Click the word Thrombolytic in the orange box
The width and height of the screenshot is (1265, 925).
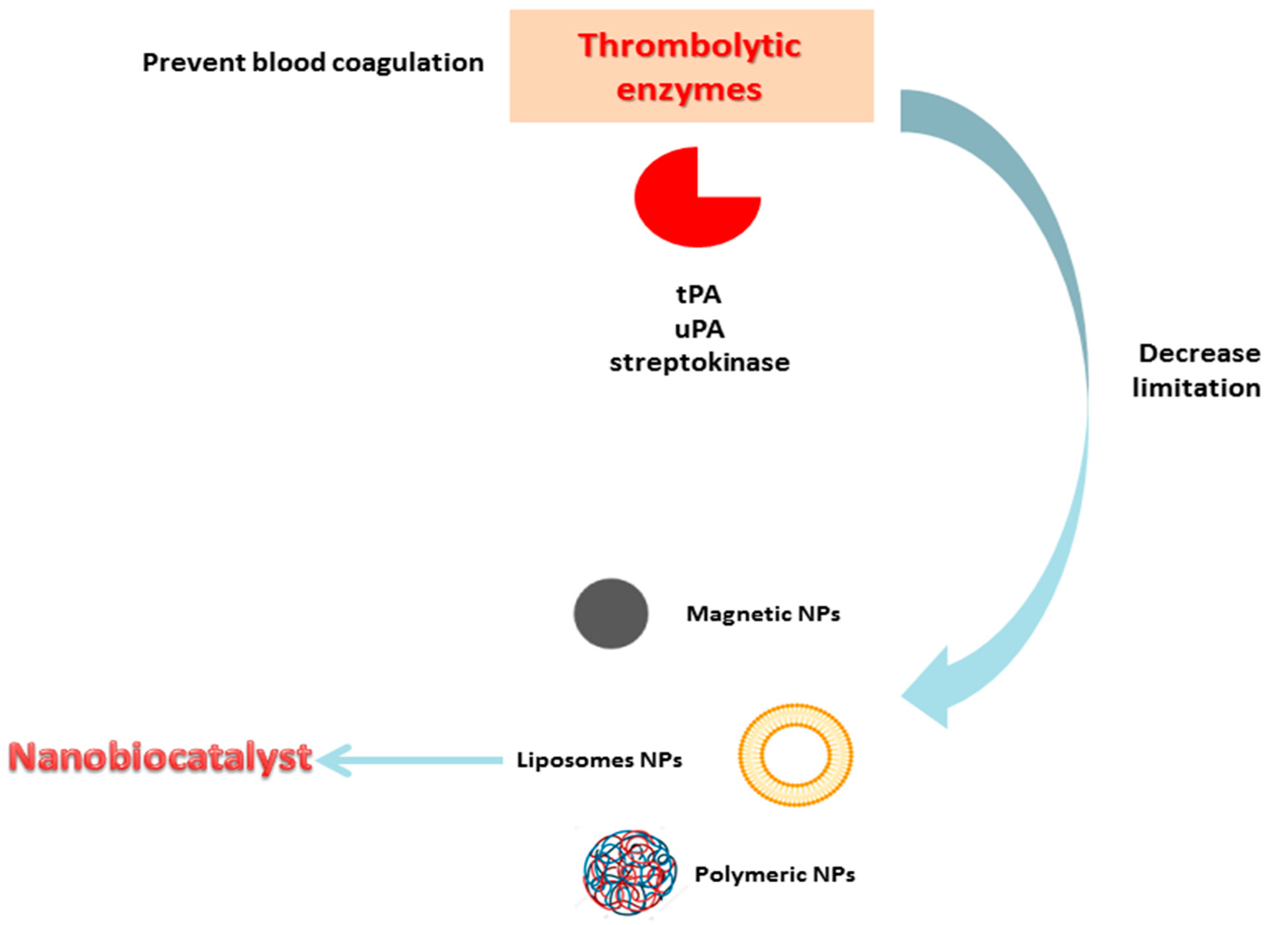click(689, 46)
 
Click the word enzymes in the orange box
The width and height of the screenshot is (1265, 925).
click(689, 90)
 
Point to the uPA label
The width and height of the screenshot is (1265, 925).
click(699, 329)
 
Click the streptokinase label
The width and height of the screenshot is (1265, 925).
click(699, 362)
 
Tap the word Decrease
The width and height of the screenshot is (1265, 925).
click(1199, 353)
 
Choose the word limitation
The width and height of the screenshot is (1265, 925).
click(1196, 387)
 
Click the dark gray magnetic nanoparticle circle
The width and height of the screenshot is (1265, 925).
click(611, 614)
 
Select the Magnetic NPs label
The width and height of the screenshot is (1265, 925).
click(763, 614)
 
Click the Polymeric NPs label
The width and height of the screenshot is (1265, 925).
click(775, 874)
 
